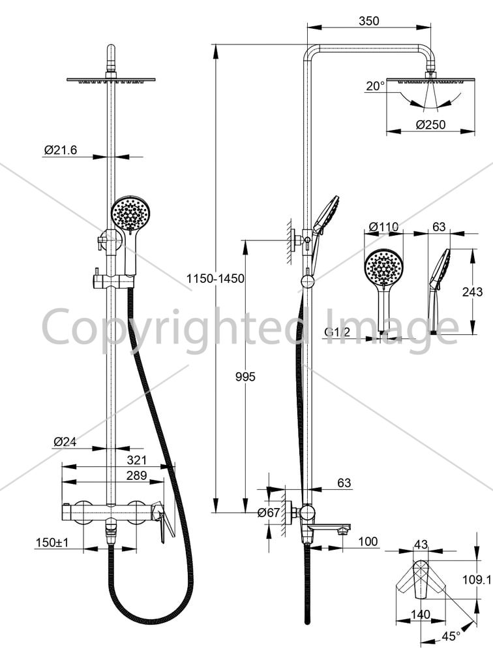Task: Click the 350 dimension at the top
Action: tap(369, 20)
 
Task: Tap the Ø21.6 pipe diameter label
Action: tap(61, 150)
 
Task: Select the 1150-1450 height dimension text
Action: tap(215, 278)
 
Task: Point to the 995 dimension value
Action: tap(245, 377)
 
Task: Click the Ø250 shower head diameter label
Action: tap(430, 124)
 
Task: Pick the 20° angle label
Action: tap(375, 86)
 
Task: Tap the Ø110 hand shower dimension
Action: tap(383, 227)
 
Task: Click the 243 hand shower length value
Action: tap(472, 291)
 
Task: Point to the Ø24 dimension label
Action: tap(65, 441)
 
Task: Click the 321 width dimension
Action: tap(137, 460)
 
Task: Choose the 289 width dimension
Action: tap(137, 475)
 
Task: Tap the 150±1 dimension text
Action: tap(52, 542)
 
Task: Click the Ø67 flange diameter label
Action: tap(269, 513)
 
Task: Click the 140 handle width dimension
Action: tap(420, 614)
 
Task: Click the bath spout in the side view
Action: tap(329, 528)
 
